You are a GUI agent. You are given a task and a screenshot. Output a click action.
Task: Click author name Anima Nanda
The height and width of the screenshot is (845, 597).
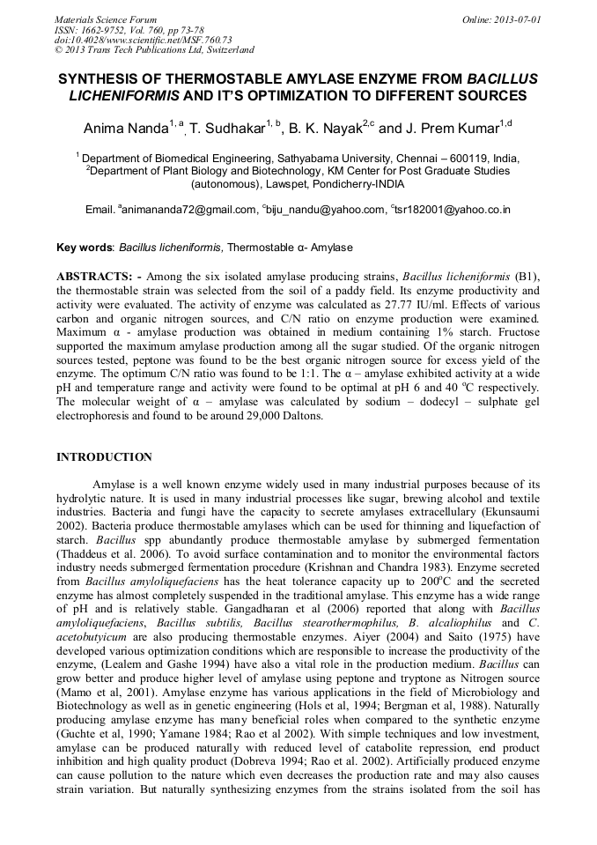tap(126, 130)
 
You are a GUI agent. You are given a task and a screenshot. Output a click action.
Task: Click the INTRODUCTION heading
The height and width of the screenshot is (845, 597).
tap(104, 457)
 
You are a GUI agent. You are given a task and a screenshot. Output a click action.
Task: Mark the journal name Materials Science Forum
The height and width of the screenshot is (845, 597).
tap(106, 19)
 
